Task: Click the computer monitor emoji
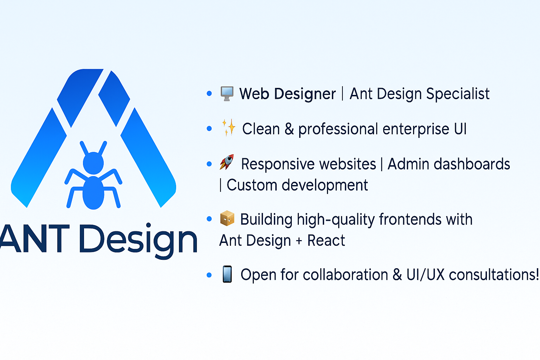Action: (227, 94)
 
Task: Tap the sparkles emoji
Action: (228, 128)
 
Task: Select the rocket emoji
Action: (227, 162)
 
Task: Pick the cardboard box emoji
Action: (227, 218)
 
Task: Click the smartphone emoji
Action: (227, 274)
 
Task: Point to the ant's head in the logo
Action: (93, 163)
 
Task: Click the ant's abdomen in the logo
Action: (93, 193)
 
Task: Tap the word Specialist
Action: (458, 94)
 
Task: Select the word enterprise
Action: (416, 129)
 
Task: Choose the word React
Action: (326, 240)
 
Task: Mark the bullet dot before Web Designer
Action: (209, 93)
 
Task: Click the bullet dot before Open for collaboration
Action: (209, 275)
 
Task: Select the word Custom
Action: (252, 185)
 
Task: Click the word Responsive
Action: (309, 165)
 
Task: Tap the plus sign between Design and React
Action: (299, 241)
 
